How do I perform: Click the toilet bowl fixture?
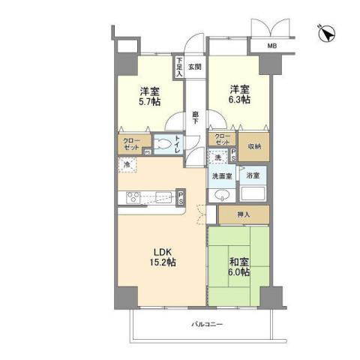163,145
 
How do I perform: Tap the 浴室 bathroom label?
253,176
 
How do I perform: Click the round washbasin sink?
220,196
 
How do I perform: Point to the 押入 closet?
242,214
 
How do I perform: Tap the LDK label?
163,250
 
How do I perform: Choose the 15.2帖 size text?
163,262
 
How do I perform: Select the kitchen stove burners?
133,199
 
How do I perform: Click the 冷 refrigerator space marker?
127,165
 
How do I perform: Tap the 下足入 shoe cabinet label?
179,67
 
